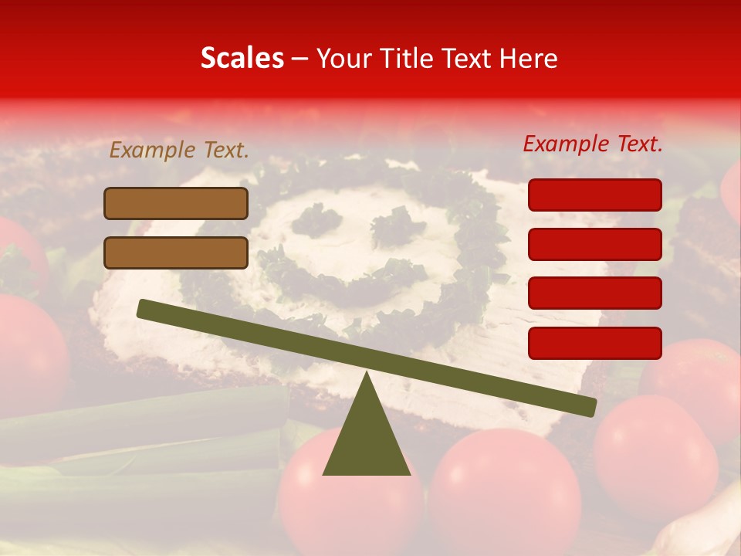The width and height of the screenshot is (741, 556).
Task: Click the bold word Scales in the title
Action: pyautogui.click(x=242, y=58)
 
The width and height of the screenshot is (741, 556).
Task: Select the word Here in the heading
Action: pyautogui.click(x=530, y=59)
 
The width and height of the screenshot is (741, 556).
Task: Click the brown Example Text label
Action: pyautogui.click(x=179, y=151)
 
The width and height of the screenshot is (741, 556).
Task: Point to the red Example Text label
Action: pyautogui.click(x=593, y=144)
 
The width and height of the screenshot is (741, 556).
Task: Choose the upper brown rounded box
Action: pyautogui.click(x=176, y=203)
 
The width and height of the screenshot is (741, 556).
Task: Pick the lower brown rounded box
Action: pyautogui.click(x=176, y=253)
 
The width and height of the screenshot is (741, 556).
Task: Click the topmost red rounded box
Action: pyautogui.click(x=594, y=195)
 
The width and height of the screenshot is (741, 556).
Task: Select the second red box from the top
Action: pyautogui.click(x=594, y=244)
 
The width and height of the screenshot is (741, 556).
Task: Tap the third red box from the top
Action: pyautogui.click(x=594, y=293)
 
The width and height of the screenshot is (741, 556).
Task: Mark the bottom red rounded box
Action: pyautogui.click(x=594, y=343)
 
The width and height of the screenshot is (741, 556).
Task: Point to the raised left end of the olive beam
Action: pyautogui.click(x=147, y=309)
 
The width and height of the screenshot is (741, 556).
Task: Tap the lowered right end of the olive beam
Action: pyautogui.click(x=587, y=405)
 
